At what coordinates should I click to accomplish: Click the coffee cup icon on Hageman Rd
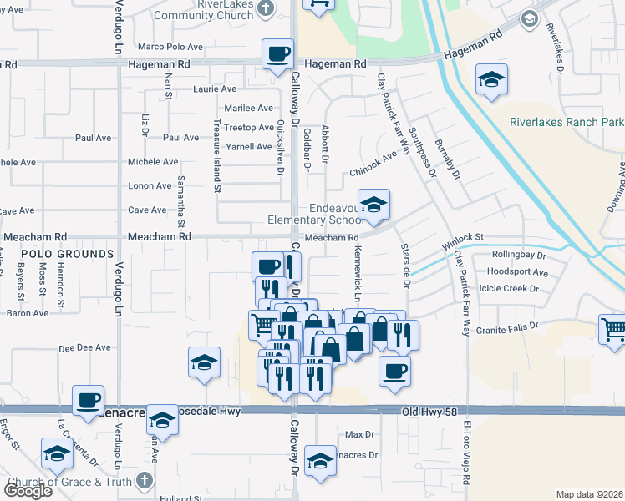pyautogui.click(x=278, y=54)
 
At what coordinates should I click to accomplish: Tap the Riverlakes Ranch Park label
pyautogui.click(x=567, y=122)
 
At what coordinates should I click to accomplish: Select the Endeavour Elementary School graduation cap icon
pyautogui.click(x=375, y=205)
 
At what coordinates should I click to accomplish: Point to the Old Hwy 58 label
pyautogui.click(x=429, y=412)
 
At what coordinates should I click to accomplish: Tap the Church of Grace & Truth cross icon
pyautogui.click(x=145, y=481)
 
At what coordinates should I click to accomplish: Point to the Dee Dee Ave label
pyautogui.click(x=84, y=347)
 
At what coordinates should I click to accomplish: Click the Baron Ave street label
pyautogui.click(x=28, y=313)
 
